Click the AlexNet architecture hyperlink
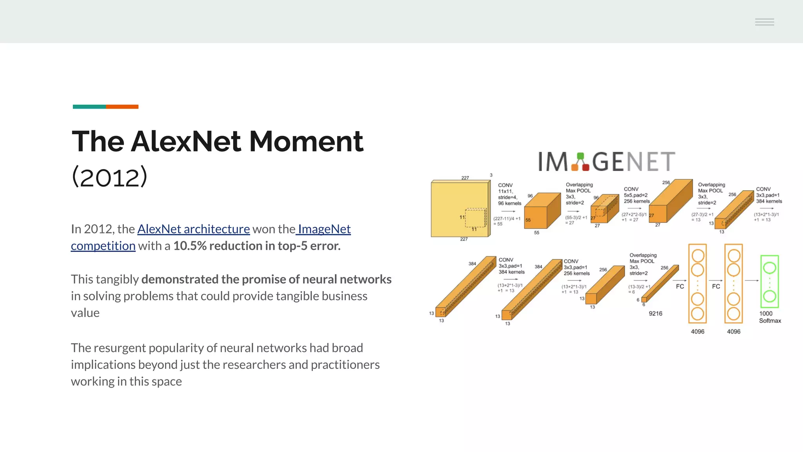(193, 229)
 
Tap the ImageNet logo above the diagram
(606, 161)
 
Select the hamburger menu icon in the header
(764, 22)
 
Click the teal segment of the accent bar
(89, 107)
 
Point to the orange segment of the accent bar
(122, 107)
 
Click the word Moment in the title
(306, 141)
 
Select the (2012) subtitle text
(109, 177)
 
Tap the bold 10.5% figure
(190, 246)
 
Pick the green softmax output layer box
(769, 281)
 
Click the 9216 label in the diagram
(655, 313)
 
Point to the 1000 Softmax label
(769, 317)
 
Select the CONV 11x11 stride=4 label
(509, 194)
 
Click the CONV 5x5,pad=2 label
(636, 195)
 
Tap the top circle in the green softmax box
(769, 268)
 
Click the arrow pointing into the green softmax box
(752, 281)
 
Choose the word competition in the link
(103, 246)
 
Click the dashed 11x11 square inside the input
(475, 218)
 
